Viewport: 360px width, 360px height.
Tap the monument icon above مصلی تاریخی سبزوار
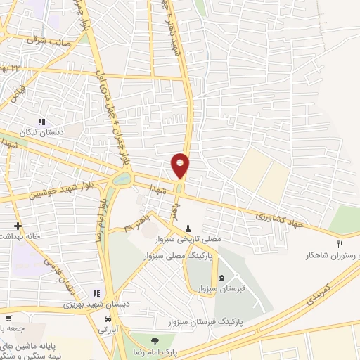(189, 228)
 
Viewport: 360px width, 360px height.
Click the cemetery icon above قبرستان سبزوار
(222, 278)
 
